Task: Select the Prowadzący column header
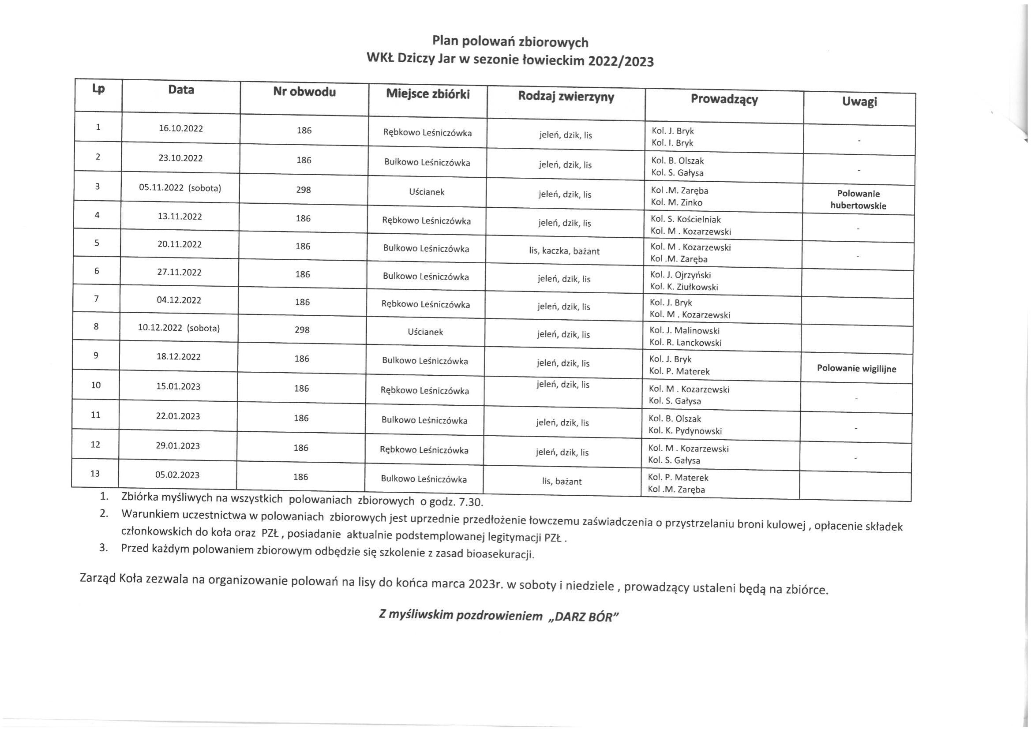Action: click(x=724, y=99)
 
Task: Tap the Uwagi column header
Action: click(x=859, y=101)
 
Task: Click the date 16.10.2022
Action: click(x=180, y=128)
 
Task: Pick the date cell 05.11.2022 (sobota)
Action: click(x=180, y=187)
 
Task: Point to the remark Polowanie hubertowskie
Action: click(x=858, y=200)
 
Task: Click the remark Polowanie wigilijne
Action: click(x=856, y=369)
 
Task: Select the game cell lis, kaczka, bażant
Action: click(x=564, y=251)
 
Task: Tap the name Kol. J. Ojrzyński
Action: click(x=680, y=275)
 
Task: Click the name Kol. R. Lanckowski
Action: click(x=685, y=343)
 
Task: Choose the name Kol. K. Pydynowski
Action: click(x=685, y=431)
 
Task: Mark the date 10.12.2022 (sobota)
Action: click(x=179, y=328)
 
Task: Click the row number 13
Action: click(x=95, y=473)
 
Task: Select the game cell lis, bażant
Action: click(x=561, y=481)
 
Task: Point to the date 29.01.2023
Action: click(x=178, y=446)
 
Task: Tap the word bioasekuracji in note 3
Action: click(x=500, y=554)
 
